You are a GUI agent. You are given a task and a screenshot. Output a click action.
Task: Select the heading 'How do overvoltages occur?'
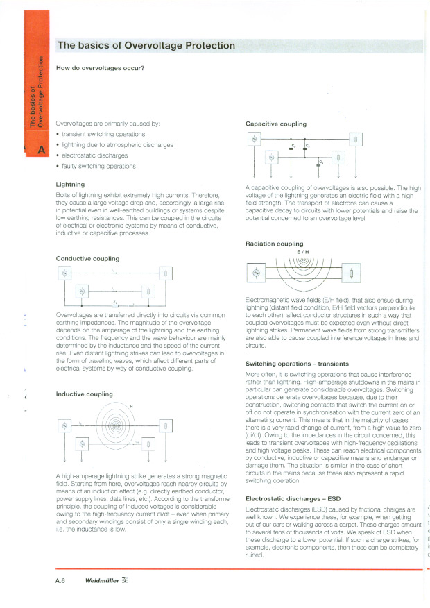(x=100, y=67)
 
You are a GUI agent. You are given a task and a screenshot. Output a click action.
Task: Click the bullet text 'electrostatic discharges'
(x=94, y=155)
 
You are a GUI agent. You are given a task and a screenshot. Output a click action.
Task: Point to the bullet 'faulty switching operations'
(x=98, y=167)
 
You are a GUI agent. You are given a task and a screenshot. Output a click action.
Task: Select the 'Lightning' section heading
(x=70, y=185)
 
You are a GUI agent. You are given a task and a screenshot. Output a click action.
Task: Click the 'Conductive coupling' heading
(x=87, y=258)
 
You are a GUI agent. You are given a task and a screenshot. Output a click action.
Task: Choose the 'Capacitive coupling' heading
(x=276, y=124)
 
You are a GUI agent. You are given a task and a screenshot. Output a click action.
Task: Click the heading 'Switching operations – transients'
(x=297, y=364)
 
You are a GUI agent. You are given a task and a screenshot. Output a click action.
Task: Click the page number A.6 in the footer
(x=60, y=580)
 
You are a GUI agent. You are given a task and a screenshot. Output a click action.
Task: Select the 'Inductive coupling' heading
(x=84, y=394)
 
